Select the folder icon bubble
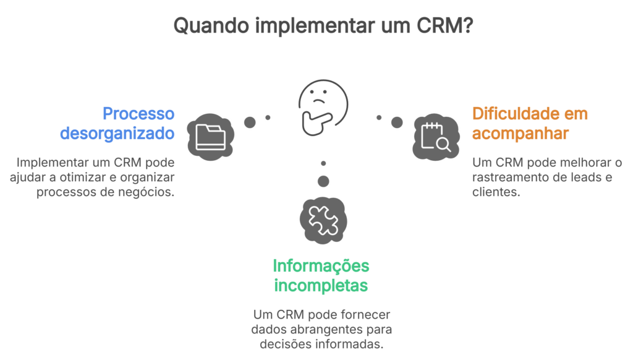pos(211,136)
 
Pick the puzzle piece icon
pos(323,220)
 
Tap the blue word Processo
pos(138,114)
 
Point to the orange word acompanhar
pos(520,133)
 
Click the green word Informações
pos(321,266)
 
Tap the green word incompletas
pos(321,285)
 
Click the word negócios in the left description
pos(148,192)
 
